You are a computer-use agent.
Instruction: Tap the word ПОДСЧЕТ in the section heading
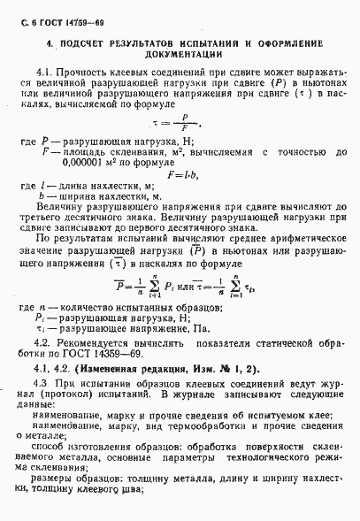[x=96, y=42]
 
